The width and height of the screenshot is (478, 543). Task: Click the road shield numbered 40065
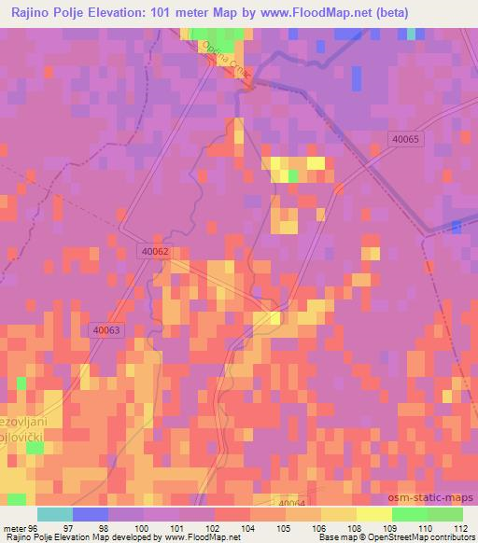407,138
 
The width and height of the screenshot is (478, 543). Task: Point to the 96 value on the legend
34,527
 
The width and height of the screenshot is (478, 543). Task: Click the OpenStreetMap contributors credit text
420,538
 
